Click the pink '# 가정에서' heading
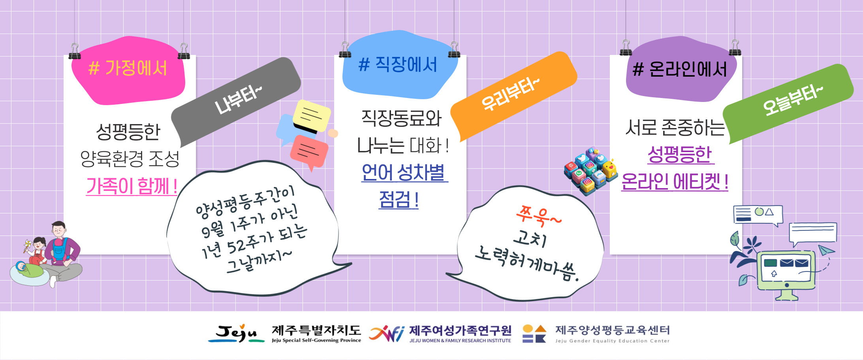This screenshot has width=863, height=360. (128, 68)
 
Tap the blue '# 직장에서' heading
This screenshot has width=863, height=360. (398, 64)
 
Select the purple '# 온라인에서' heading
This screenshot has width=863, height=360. (680, 70)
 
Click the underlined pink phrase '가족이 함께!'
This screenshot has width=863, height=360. (132, 186)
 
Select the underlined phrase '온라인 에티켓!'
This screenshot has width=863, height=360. (675, 181)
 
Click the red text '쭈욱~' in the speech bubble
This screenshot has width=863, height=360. (538, 216)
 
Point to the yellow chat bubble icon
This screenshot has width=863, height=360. (312, 115)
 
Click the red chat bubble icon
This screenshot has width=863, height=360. (309, 152)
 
